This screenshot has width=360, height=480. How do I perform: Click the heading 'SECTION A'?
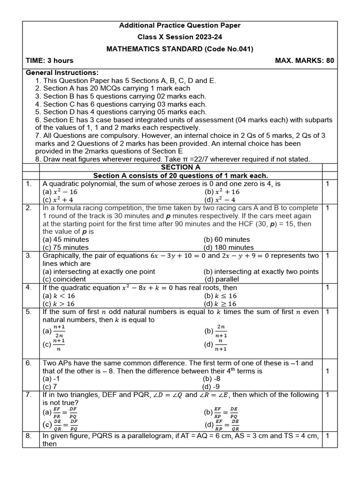tap(180, 167)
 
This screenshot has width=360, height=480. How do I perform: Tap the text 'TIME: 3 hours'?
tap(50, 60)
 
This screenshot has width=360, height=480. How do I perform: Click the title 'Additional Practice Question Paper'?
tap(180, 25)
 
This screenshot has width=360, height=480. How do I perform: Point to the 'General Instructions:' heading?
tap(62, 73)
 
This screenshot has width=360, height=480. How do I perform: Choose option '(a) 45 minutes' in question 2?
tap(66, 240)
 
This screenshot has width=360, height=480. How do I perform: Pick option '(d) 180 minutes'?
tap(229, 247)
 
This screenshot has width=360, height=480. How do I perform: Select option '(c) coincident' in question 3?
tap(64, 279)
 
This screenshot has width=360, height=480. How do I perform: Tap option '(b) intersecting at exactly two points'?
tap(261, 271)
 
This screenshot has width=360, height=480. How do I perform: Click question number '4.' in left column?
tap(29, 287)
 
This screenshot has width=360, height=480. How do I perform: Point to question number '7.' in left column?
tap(29, 395)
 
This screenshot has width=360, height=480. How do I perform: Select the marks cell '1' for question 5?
tap(328, 312)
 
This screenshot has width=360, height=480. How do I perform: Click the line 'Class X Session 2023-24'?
tap(180, 37)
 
